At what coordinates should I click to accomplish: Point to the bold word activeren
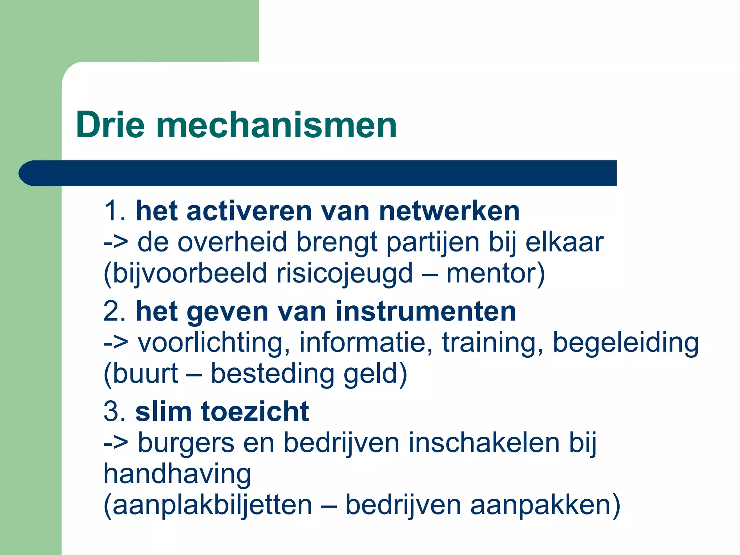point(249,211)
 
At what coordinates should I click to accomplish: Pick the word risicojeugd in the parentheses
point(344,274)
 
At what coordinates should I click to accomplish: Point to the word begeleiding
point(625,343)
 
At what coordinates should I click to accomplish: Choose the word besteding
point(272,374)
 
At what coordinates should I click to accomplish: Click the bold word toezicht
point(255,411)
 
